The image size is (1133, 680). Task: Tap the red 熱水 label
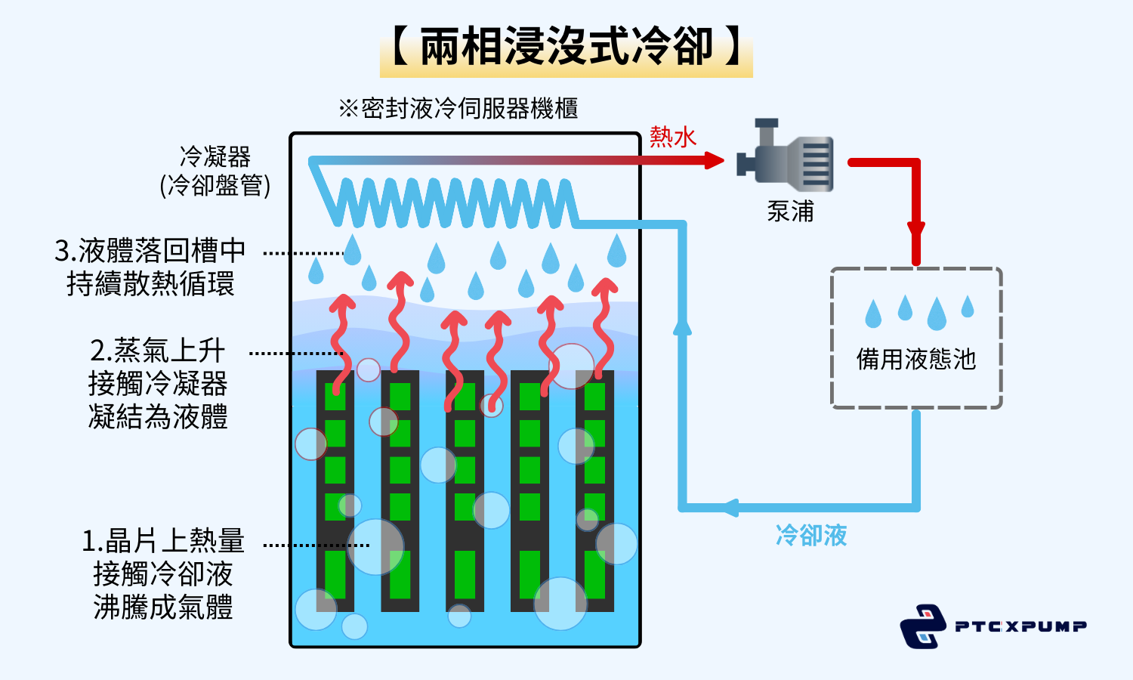[672, 137]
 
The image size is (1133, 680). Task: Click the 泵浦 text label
[790, 212]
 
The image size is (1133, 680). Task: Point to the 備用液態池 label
[915, 359]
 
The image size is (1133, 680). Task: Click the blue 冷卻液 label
[811, 536]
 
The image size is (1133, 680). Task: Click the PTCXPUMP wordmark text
[1020, 626]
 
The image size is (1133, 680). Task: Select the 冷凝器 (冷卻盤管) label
[215, 172]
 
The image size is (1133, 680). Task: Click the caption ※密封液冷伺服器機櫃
[458, 109]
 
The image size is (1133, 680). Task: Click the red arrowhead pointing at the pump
[713, 160]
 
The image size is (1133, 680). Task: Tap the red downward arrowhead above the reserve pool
[916, 230]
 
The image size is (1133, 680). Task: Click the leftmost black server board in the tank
[335, 491]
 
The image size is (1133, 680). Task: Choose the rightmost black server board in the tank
[594, 491]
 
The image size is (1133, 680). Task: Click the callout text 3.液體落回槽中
[150, 250]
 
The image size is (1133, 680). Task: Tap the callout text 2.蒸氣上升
[158, 351]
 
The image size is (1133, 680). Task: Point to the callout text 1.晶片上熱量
[163, 541]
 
